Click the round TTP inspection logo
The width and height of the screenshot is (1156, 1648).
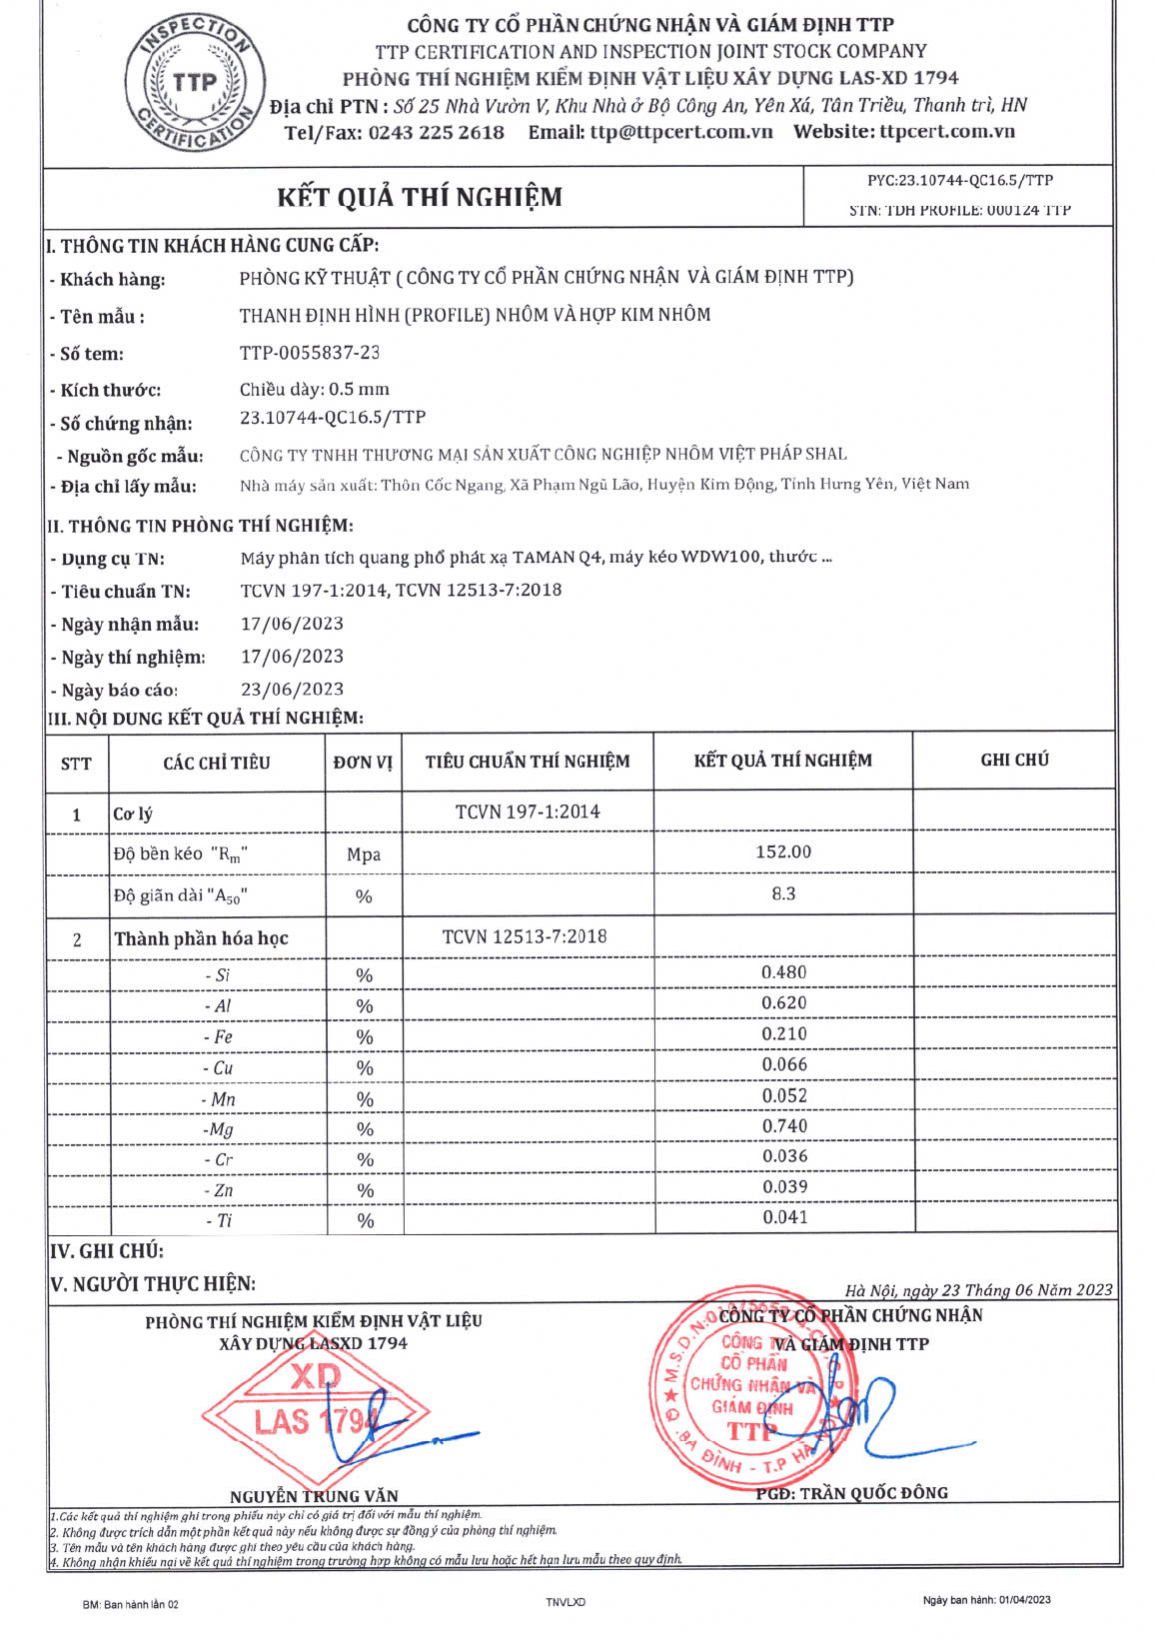(x=195, y=83)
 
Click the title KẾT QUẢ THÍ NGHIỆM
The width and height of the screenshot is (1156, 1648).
(x=420, y=197)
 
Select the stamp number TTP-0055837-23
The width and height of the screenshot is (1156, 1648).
(x=310, y=353)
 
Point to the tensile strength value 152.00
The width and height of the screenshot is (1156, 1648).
(x=783, y=852)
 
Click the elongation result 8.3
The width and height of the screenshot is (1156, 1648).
(x=783, y=894)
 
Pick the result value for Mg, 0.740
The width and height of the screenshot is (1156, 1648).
(x=784, y=1126)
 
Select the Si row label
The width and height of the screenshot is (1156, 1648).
(x=218, y=975)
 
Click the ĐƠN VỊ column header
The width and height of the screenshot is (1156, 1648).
(x=363, y=763)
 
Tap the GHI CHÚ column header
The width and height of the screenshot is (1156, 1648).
(x=1014, y=761)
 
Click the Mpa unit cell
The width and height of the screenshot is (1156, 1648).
(x=364, y=854)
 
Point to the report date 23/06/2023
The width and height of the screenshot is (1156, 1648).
(x=292, y=690)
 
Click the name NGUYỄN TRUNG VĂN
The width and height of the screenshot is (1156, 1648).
(x=314, y=1496)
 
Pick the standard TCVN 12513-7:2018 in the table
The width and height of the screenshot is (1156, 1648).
(x=525, y=937)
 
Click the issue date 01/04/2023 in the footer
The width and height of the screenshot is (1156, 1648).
(x=1022, y=1600)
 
